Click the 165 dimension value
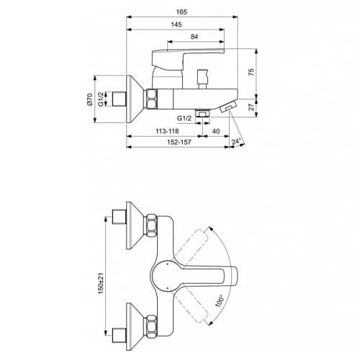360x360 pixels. pyautogui.click(x=181, y=12)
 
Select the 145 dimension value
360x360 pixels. pyautogui.click(x=176, y=24)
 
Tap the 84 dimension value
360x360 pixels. pyautogui.click(x=194, y=37)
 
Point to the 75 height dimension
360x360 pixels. pyautogui.click(x=251, y=72)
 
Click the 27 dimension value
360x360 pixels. pyautogui.click(x=251, y=107)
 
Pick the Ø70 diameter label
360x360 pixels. pyautogui.click(x=90, y=99)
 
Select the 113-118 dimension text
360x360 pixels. pyautogui.click(x=167, y=131)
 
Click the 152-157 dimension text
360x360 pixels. pyautogui.click(x=179, y=142)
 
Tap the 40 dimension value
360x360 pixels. pyautogui.click(x=216, y=131)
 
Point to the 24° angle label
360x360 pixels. pyautogui.click(x=236, y=142)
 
